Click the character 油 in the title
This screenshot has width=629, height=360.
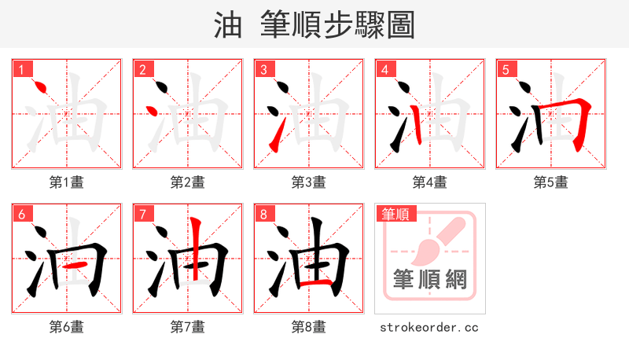pyautogui.click(x=228, y=25)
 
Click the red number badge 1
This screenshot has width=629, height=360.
pyautogui.click(x=21, y=70)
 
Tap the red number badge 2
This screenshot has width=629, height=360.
pyautogui.click(x=142, y=70)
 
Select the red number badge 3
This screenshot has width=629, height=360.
pyautogui.click(x=263, y=70)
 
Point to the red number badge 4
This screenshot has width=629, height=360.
pyautogui.click(x=384, y=70)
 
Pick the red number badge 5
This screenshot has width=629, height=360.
pyautogui.click(x=506, y=70)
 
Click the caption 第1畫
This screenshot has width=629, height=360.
pyautogui.click(x=67, y=182)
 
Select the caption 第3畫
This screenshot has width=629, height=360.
pyautogui.click(x=309, y=182)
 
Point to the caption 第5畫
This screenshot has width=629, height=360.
pyautogui.click(x=551, y=182)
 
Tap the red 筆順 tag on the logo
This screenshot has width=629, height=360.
pyautogui.click(x=395, y=214)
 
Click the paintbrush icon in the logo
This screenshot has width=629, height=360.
pyautogui.click(x=437, y=241)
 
